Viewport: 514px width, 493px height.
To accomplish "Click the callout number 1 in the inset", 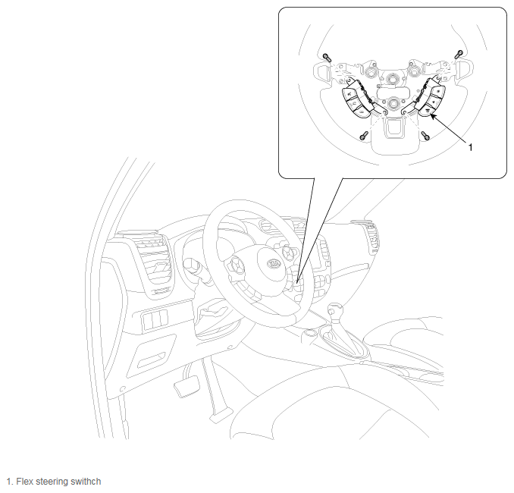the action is (x=471, y=148).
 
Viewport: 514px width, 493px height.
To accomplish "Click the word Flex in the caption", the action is (x=24, y=482).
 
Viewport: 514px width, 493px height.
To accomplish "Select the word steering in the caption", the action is (x=52, y=482).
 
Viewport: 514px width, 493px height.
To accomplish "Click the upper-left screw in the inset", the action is (x=327, y=58).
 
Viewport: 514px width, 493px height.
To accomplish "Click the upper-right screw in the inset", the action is (x=459, y=54).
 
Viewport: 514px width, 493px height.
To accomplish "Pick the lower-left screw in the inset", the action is (x=364, y=136).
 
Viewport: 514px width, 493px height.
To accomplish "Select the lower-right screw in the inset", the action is (x=426, y=135).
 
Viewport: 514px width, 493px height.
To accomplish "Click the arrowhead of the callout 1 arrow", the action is (x=433, y=117).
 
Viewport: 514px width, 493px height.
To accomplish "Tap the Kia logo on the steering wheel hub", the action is (x=273, y=263).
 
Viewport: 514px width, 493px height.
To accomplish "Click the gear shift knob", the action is (x=335, y=309).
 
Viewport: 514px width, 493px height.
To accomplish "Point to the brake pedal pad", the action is (x=186, y=386).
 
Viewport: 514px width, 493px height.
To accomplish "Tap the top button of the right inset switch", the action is (x=439, y=90).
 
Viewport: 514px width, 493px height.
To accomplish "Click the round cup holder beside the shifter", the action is (x=309, y=334).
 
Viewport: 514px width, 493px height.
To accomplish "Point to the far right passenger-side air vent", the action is (x=371, y=237).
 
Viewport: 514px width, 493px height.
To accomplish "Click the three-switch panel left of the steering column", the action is (x=155, y=318).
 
